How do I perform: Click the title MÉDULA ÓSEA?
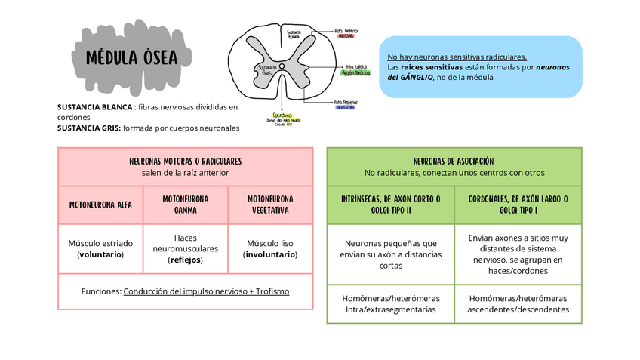click(131, 57)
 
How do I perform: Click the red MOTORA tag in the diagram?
click(346, 35)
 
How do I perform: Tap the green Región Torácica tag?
click(355, 74)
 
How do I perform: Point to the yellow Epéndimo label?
click(282, 115)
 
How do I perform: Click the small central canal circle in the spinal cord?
click(282, 67)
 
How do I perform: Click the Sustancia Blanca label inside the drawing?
click(294, 34)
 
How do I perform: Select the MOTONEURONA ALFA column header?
click(100, 205)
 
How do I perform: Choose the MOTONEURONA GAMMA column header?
click(186, 205)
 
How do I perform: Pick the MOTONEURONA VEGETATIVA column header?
click(270, 205)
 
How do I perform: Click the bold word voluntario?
click(100, 254)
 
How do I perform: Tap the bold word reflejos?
click(185, 260)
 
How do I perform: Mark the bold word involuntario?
click(270, 254)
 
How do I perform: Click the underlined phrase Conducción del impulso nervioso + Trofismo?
click(206, 291)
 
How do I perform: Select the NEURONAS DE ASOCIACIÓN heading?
click(454, 161)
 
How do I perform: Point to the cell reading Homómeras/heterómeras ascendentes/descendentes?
click(518, 303)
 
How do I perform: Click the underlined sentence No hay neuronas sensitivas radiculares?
click(457, 57)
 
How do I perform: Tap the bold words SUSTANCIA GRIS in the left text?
click(89, 128)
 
